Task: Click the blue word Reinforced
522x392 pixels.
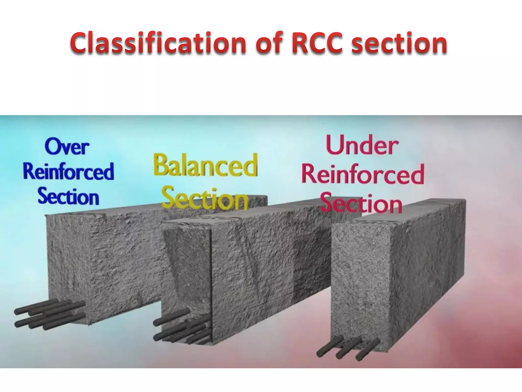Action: pos(68,171)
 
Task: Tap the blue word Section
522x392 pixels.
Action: pos(68,196)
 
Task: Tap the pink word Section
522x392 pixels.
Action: pos(361,203)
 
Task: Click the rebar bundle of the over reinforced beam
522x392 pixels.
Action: pos(50,314)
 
